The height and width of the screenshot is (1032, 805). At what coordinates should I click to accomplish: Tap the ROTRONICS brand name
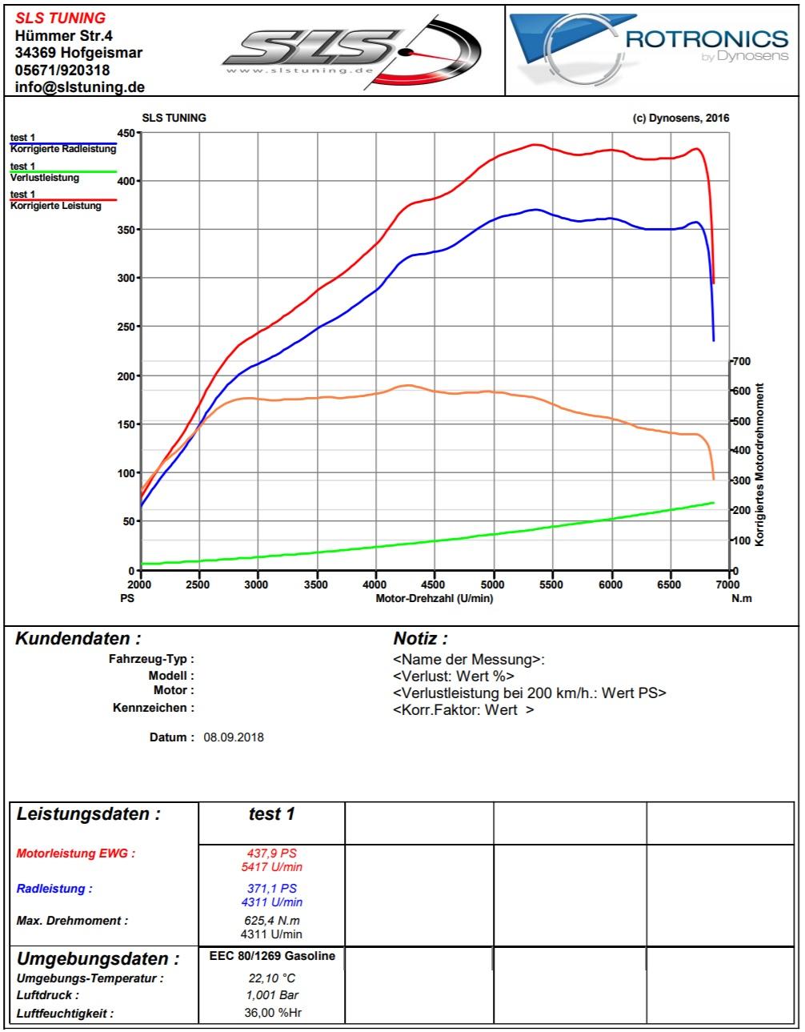(707, 39)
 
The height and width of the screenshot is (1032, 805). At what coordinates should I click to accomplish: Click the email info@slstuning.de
(80, 87)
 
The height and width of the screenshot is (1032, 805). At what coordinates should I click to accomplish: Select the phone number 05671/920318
(62, 70)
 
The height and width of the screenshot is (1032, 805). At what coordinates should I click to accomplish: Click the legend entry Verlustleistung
(45, 178)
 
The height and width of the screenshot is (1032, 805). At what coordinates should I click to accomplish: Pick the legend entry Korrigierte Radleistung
(62, 149)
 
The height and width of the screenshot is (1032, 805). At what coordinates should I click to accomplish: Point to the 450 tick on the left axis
(126, 133)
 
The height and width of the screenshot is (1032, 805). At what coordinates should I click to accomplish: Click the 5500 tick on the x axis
(552, 584)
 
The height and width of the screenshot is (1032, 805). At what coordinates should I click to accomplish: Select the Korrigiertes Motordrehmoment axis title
(759, 465)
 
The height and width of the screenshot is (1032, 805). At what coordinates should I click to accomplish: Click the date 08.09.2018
(234, 737)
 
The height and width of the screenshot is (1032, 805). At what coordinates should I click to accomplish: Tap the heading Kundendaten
(78, 639)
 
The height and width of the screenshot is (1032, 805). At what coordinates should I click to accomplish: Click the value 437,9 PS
(272, 853)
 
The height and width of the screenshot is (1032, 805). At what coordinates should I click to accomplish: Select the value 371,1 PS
(272, 889)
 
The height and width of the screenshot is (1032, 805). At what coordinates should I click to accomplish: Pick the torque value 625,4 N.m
(272, 921)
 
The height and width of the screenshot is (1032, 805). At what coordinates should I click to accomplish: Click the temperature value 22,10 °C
(272, 978)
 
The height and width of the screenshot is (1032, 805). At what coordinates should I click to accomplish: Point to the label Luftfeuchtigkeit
(65, 1014)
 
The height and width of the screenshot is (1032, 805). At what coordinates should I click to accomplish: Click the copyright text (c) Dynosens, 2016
(681, 118)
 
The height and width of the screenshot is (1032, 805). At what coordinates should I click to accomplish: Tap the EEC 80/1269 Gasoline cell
(272, 956)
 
